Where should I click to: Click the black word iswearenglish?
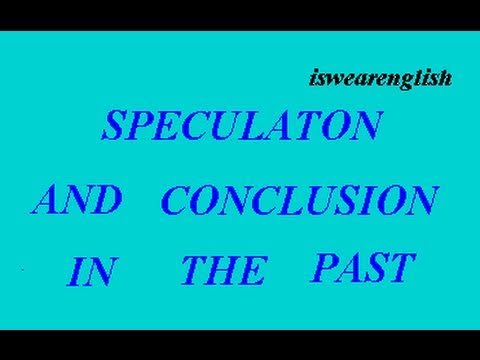[x=381, y=79]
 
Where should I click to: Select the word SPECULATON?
[x=242, y=126]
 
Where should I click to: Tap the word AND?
[x=77, y=199]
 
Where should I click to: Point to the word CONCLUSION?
[x=299, y=199]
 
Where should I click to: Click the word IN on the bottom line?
[x=92, y=272]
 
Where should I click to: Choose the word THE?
[x=225, y=270]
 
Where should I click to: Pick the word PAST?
[x=364, y=267]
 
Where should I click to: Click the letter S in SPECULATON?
[x=116, y=126]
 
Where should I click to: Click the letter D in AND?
[x=105, y=200]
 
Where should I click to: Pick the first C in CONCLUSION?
[x=176, y=200]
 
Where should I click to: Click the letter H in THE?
[x=226, y=270]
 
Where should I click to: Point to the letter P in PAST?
[x=327, y=268]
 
